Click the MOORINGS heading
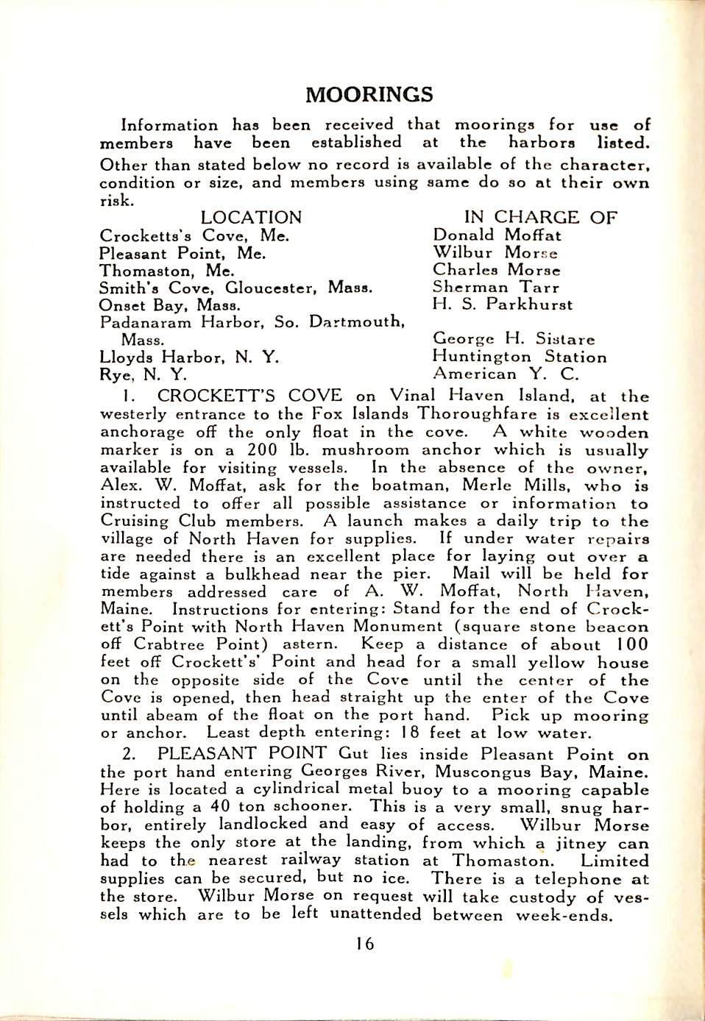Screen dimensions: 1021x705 click(369, 95)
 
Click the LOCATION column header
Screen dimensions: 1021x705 click(251, 218)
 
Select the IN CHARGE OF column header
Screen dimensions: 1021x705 click(540, 218)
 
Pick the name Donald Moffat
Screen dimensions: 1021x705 click(497, 235)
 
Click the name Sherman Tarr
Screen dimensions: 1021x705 click(496, 288)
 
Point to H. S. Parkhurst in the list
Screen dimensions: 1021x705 click(503, 305)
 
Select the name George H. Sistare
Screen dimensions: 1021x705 click(514, 340)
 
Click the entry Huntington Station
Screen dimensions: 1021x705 click(520, 357)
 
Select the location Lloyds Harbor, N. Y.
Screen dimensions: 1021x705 click(189, 357)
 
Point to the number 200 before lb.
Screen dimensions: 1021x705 click(262, 450)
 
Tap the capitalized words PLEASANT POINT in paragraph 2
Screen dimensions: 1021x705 click(242, 754)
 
